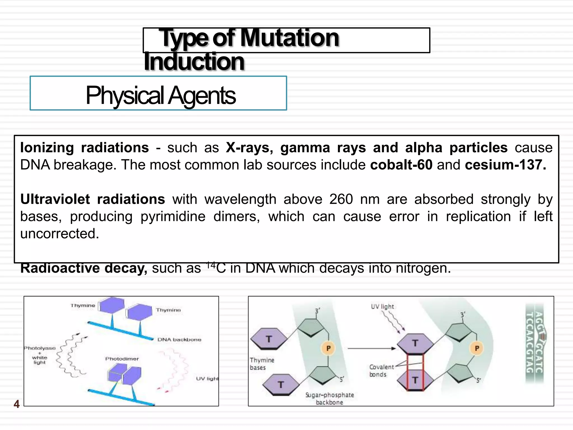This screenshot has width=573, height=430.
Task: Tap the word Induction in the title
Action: coord(194,62)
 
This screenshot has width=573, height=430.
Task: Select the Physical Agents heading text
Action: coord(161,95)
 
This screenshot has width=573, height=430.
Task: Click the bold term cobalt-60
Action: coord(401,165)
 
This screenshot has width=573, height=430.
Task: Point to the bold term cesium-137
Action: coord(505,165)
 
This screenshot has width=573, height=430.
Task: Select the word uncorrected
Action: coord(60,233)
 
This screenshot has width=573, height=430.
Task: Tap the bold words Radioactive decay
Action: coord(84,268)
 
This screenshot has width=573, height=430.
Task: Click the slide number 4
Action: coord(17,404)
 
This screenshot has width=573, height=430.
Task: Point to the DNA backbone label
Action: coord(179,340)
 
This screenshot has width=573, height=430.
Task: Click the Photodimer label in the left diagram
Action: coord(122,359)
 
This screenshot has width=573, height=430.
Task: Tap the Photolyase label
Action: coord(40,348)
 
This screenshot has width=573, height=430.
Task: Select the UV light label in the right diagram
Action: coord(382,307)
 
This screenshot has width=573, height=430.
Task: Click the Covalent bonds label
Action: coord(381,371)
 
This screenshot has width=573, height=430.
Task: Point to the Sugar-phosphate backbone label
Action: coord(330,399)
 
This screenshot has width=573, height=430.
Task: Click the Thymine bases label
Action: coord(262,364)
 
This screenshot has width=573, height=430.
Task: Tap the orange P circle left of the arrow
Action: coord(328,348)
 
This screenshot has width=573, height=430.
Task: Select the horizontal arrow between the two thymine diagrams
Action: coord(372,349)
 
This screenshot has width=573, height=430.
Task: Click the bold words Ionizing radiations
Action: coord(84,148)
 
